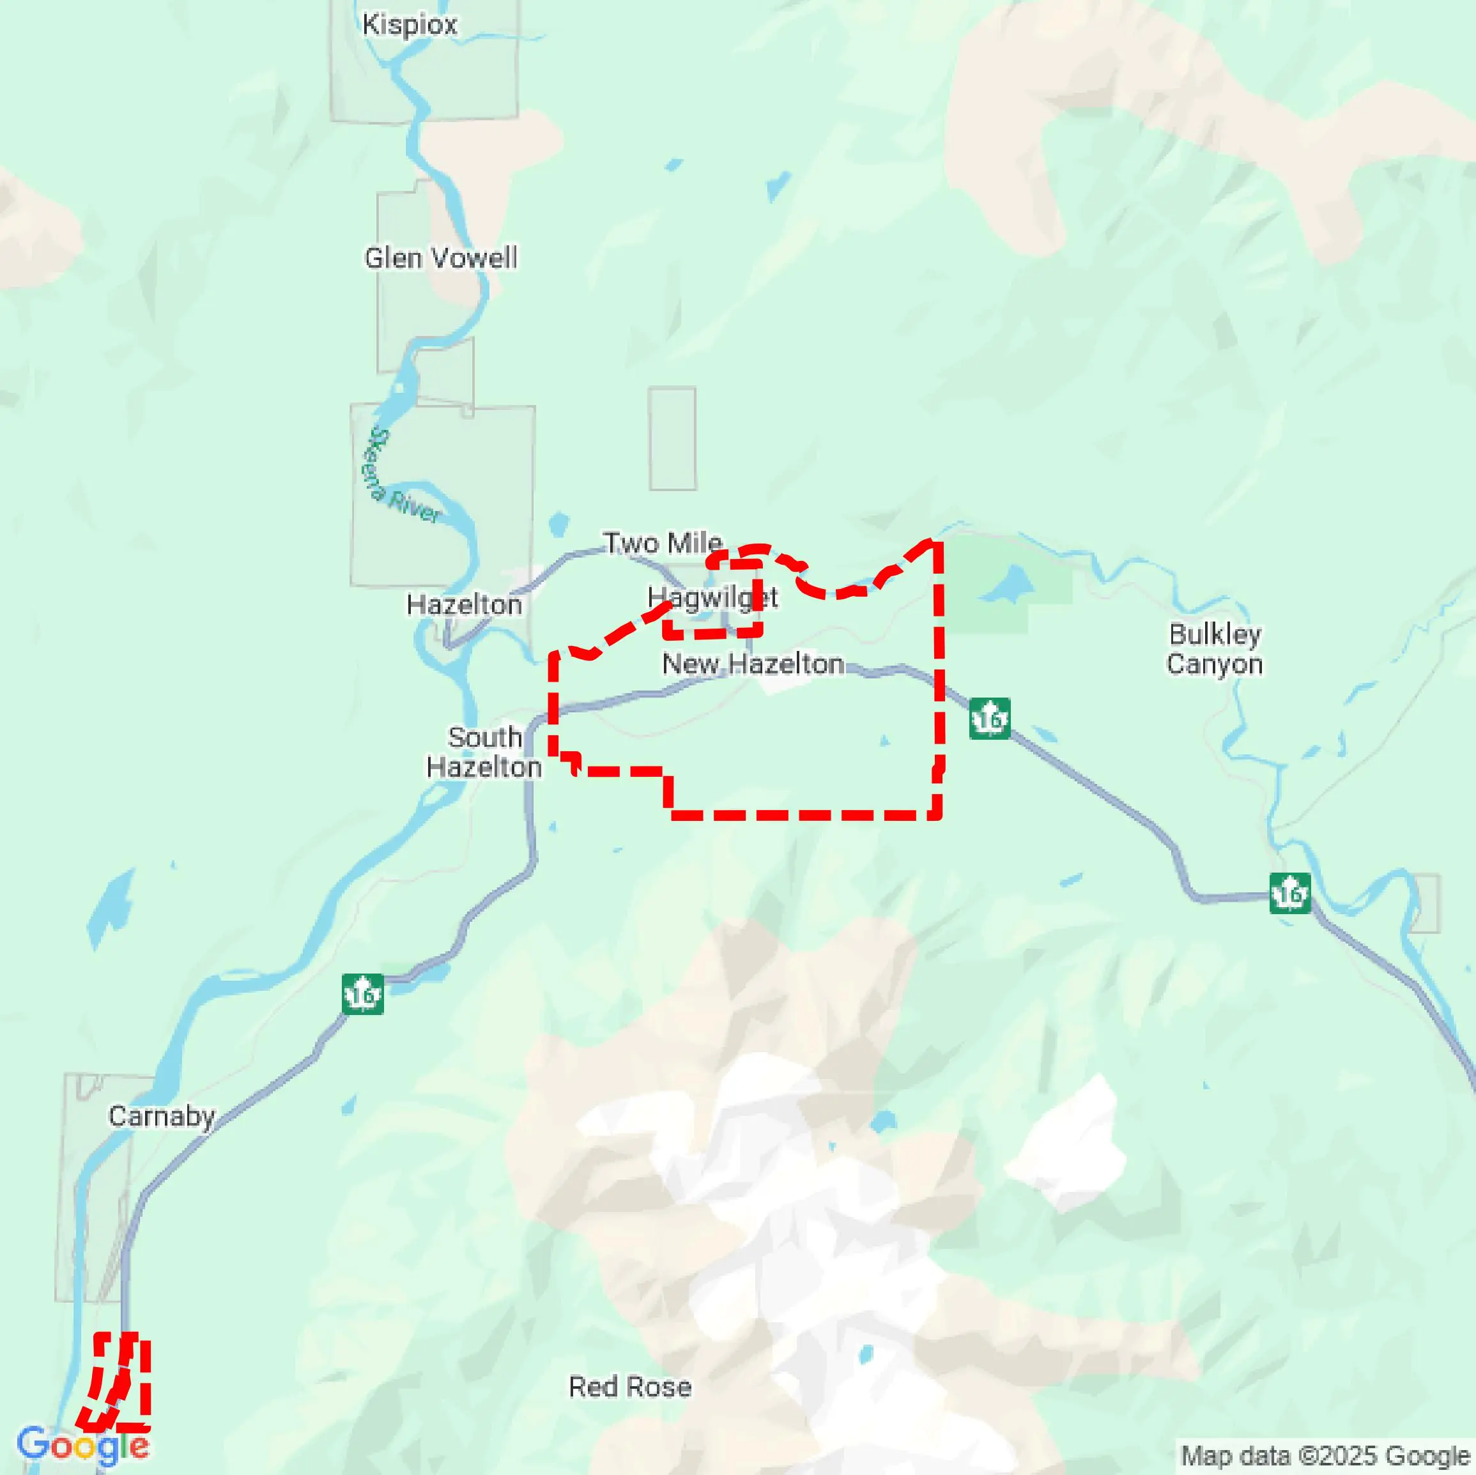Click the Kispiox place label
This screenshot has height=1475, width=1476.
[x=410, y=24]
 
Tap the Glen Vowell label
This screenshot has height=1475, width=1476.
[x=440, y=258]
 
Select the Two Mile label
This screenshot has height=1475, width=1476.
[x=663, y=543]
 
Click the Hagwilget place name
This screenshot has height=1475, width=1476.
[x=712, y=597]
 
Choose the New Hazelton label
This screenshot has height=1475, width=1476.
[x=753, y=664]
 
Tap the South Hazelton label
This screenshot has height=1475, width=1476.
[x=484, y=753]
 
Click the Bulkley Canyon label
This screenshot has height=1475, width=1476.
[x=1214, y=648]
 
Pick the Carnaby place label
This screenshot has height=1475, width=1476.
[x=161, y=1116]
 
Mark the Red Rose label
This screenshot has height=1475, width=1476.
[x=630, y=1386]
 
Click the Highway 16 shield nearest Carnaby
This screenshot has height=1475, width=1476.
[x=362, y=995]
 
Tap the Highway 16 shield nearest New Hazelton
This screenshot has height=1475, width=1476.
[x=989, y=718]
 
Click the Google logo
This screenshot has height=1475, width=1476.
[x=82, y=1445]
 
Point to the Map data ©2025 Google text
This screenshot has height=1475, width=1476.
[x=1325, y=1456]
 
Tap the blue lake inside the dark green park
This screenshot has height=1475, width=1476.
[x=1006, y=585]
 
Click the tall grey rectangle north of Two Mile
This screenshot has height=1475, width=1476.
[x=672, y=438]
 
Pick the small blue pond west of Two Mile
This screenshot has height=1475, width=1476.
[x=558, y=524]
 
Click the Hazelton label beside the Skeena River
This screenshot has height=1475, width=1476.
[x=464, y=605]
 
